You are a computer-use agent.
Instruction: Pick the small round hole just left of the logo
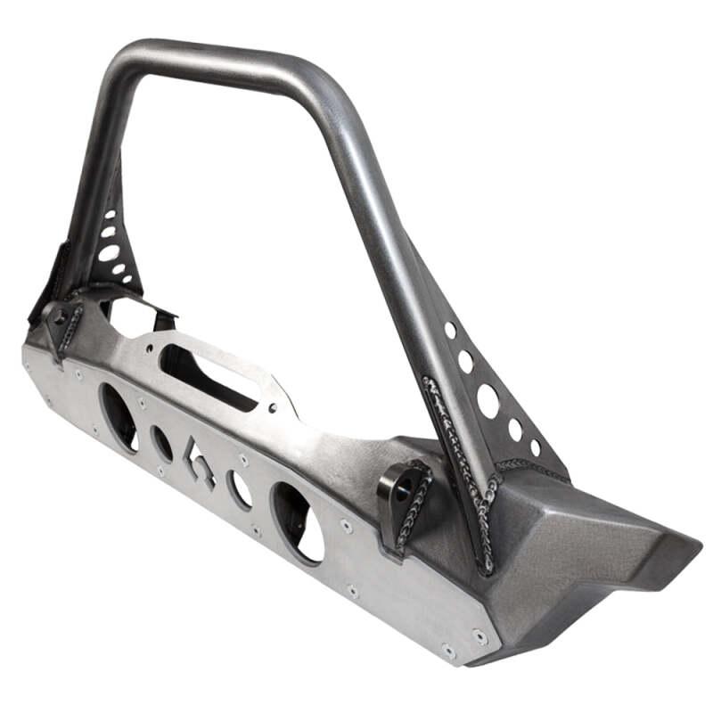[161, 444]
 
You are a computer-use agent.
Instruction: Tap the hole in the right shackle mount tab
[403, 489]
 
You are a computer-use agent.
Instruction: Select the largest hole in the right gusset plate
[488, 402]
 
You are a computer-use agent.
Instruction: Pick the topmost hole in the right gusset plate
[451, 331]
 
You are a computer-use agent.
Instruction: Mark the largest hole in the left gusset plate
[108, 252]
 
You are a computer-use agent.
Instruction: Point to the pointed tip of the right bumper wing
[691, 542]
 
